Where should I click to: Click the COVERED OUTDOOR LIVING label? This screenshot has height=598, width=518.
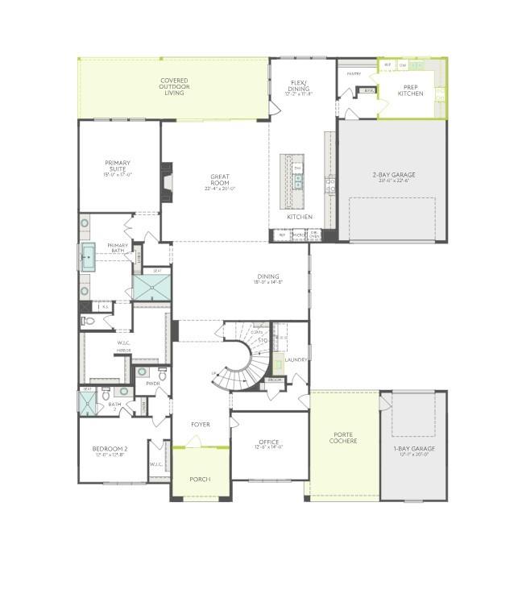[174, 87]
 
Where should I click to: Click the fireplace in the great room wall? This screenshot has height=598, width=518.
[167, 181]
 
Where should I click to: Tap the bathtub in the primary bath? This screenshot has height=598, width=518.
[88, 257]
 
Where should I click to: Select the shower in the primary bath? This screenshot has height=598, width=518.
[151, 287]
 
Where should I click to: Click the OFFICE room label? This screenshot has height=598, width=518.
[268, 444]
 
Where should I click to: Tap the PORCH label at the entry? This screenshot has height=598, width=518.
[200, 479]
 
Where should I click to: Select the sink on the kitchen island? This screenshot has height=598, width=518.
[297, 181]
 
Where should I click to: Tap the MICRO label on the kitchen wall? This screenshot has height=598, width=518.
[300, 235]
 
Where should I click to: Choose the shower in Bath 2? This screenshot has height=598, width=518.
[86, 401]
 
